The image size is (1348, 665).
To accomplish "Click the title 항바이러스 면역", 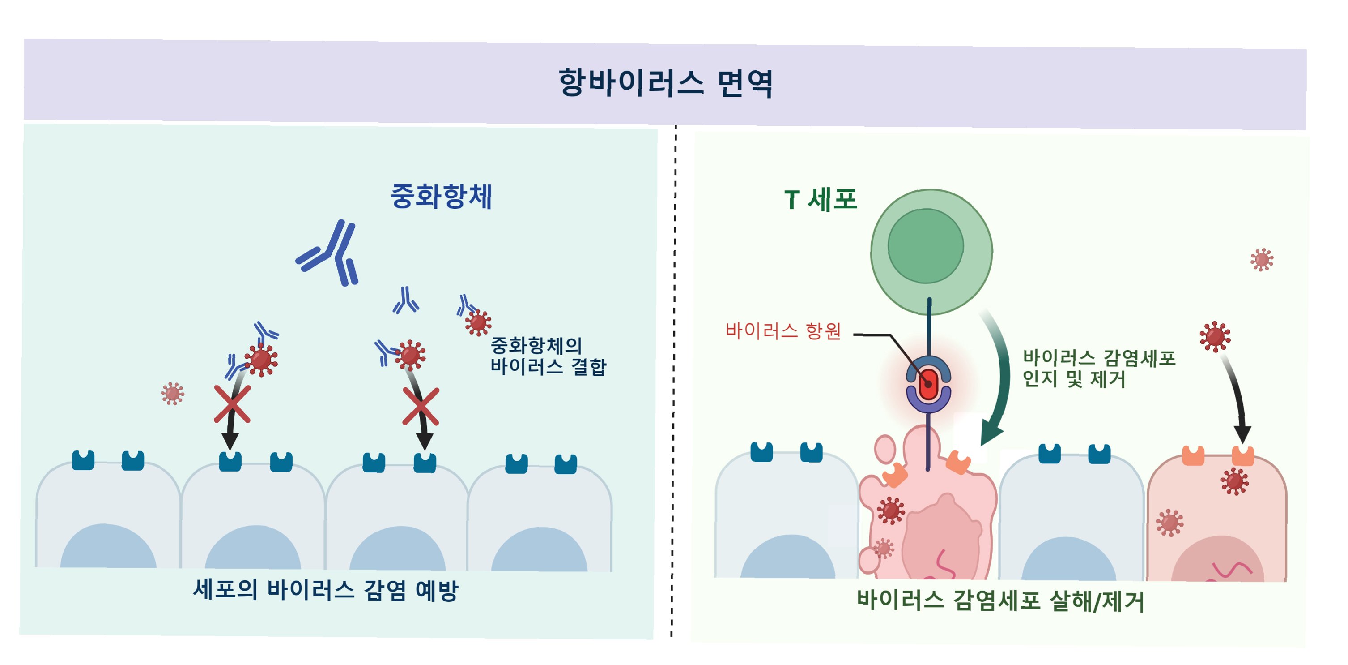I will (666, 83).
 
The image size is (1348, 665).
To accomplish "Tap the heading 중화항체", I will (441, 196).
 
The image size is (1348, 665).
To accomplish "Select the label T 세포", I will (821, 200).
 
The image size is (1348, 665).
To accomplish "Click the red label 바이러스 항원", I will (783, 331).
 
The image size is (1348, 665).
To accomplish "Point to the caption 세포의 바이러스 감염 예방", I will (326, 590).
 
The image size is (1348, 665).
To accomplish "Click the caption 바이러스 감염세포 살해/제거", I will (1000, 601).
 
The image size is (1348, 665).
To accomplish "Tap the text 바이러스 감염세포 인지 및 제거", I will (1099, 369).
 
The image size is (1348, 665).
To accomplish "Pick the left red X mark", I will (232, 404).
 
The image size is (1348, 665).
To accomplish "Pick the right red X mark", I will (421, 406).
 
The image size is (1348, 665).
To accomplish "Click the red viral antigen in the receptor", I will (928, 384).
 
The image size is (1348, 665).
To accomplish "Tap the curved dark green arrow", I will (997, 377).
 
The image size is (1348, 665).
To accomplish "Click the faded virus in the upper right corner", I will (1262, 260).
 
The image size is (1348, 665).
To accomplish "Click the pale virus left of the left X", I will (172, 394).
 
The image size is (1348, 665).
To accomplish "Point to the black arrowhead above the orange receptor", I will (1242, 434).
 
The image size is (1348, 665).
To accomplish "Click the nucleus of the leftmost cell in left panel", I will (108, 547).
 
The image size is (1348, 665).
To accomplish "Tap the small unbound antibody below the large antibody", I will (405, 301).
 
